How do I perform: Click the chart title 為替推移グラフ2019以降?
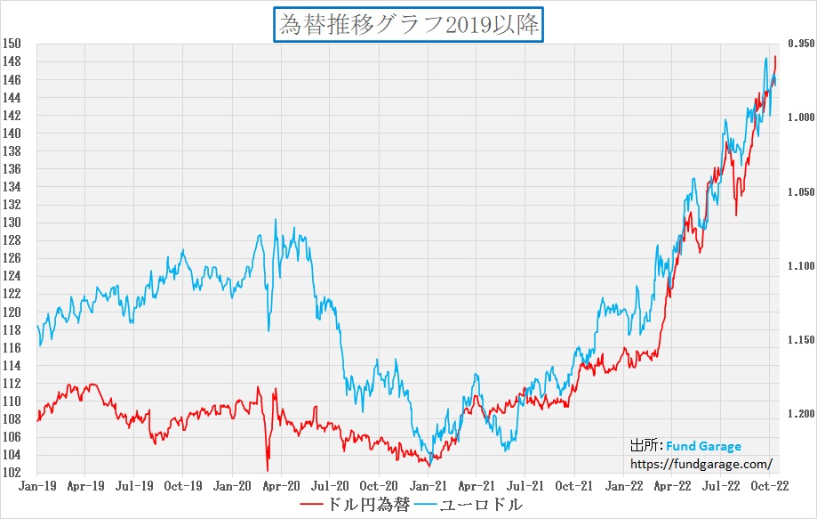pyautogui.click(x=409, y=25)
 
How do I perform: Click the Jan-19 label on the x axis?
pyautogui.click(x=37, y=486)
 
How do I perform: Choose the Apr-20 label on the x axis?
pyautogui.click(x=281, y=486)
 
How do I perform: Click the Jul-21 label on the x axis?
pyautogui.click(x=525, y=486)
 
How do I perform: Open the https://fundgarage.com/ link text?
pyautogui.click(x=701, y=464)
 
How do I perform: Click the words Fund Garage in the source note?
pyautogui.click(x=703, y=447)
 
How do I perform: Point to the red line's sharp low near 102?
pyautogui.click(x=267, y=470)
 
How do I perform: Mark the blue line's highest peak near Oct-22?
pyautogui.click(x=766, y=59)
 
